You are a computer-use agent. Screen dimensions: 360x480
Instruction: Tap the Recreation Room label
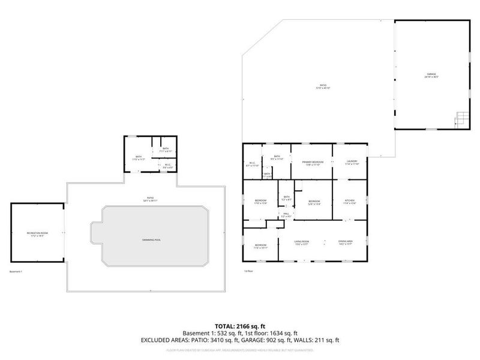(x=37, y=233)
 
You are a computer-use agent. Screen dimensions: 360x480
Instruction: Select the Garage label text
(x=431, y=76)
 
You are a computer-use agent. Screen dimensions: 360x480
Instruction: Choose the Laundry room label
(x=352, y=163)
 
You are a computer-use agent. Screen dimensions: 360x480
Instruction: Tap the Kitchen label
(x=350, y=202)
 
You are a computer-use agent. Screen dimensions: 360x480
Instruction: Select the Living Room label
(x=301, y=242)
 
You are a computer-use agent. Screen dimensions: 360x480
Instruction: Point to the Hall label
(x=286, y=214)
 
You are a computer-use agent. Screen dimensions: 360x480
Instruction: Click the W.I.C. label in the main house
(x=253, y=164)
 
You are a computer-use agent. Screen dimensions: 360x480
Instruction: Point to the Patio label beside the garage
(x=324, y=87)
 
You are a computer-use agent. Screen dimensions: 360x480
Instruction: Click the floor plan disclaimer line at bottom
(x=239, y=349)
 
